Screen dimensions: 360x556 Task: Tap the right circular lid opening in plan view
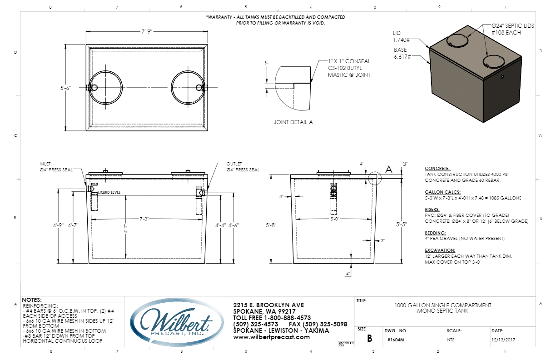pos(187,87)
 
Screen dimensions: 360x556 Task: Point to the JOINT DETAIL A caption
pos(293,122)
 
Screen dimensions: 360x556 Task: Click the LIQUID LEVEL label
pos(109,192)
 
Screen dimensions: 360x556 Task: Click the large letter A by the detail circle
pos(388,170)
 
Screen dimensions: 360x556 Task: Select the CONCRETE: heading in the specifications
pos(437,168)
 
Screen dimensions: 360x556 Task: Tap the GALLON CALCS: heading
pos(442,192)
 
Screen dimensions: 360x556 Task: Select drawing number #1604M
pos(396,339)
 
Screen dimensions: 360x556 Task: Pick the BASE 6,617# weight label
pos(402,53)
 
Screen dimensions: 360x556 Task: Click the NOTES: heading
pos(32,300)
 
